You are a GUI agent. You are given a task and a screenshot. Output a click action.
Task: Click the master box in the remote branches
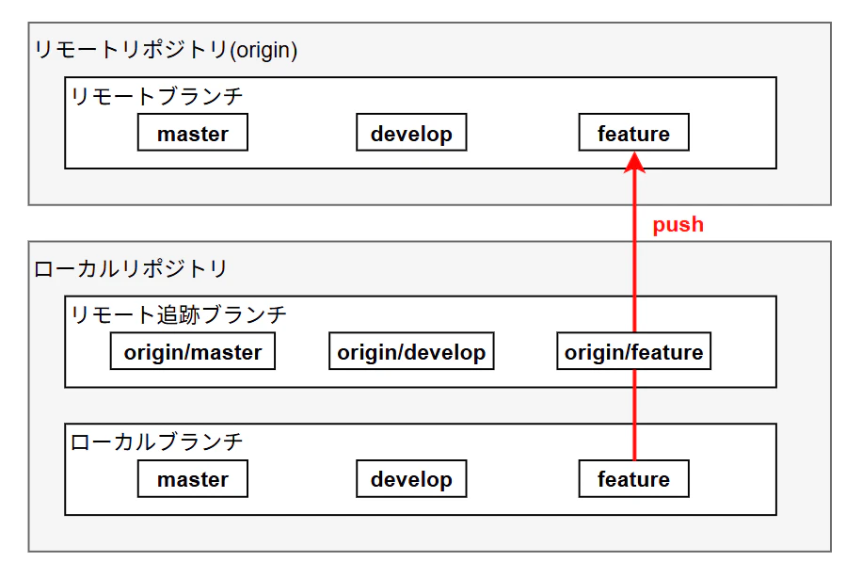[192, 132]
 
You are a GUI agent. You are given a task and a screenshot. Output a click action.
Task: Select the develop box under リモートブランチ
[411, 132]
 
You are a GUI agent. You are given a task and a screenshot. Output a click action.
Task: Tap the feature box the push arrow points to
[634, 132]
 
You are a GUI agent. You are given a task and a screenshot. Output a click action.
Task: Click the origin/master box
[192, 351]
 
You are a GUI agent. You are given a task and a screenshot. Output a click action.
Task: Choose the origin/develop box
[411, 351]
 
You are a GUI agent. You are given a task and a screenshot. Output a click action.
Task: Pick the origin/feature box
[634, 351]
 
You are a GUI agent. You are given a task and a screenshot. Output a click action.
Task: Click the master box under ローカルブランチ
[192, 478]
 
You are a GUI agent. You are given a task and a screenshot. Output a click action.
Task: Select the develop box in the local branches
[411, 478]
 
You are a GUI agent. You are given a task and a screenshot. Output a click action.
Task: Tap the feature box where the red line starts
[634, 478]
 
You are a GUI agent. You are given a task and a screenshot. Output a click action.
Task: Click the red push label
[678, 225]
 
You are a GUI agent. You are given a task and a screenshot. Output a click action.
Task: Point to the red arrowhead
[634, 163]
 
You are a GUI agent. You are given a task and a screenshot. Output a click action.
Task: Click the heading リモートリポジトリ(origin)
[166, 50]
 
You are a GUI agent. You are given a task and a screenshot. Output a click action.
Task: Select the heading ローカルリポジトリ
[130, 269]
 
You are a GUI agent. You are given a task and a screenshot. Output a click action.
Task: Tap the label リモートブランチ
[156, 96]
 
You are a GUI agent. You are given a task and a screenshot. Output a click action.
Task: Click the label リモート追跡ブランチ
[179, 314]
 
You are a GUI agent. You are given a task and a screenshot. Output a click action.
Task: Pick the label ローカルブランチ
[156, 442]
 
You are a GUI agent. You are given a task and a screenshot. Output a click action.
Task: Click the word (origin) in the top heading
[263, 51]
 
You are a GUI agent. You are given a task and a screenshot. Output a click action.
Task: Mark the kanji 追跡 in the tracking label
[178, 314]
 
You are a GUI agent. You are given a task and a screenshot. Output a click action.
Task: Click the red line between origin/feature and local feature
[634, 414]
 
